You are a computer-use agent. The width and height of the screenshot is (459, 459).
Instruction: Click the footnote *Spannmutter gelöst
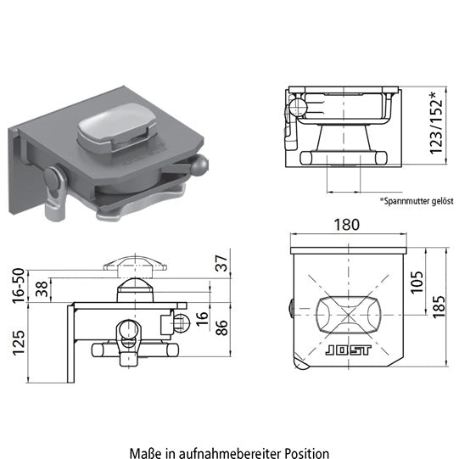click(417, 201)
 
